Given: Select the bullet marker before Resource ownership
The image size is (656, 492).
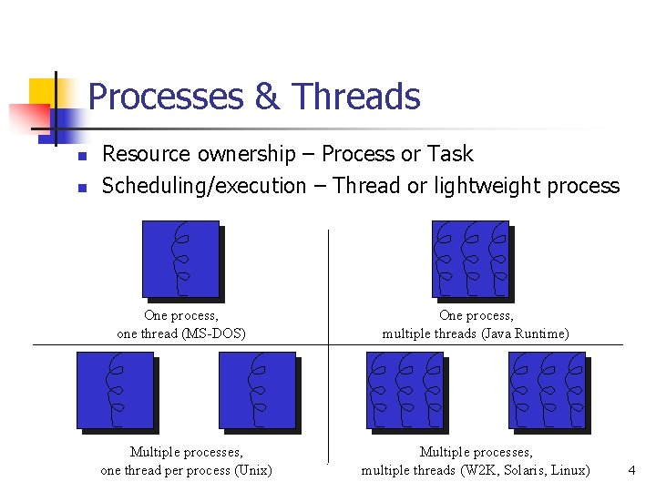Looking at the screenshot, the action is point(80,157).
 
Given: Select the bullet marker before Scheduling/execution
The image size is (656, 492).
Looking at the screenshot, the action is point(80,189).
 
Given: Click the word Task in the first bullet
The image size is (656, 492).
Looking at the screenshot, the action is point(452,154).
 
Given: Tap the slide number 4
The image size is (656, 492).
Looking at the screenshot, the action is point(631,470).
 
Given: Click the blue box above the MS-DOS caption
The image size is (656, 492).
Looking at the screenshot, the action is point(181,259).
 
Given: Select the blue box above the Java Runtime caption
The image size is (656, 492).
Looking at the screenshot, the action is point(470,259).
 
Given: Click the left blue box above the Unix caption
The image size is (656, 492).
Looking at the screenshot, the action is point(115,390).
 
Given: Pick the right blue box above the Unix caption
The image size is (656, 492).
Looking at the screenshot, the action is point(258,390).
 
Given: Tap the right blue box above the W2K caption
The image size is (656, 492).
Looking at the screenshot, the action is point(548,390).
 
